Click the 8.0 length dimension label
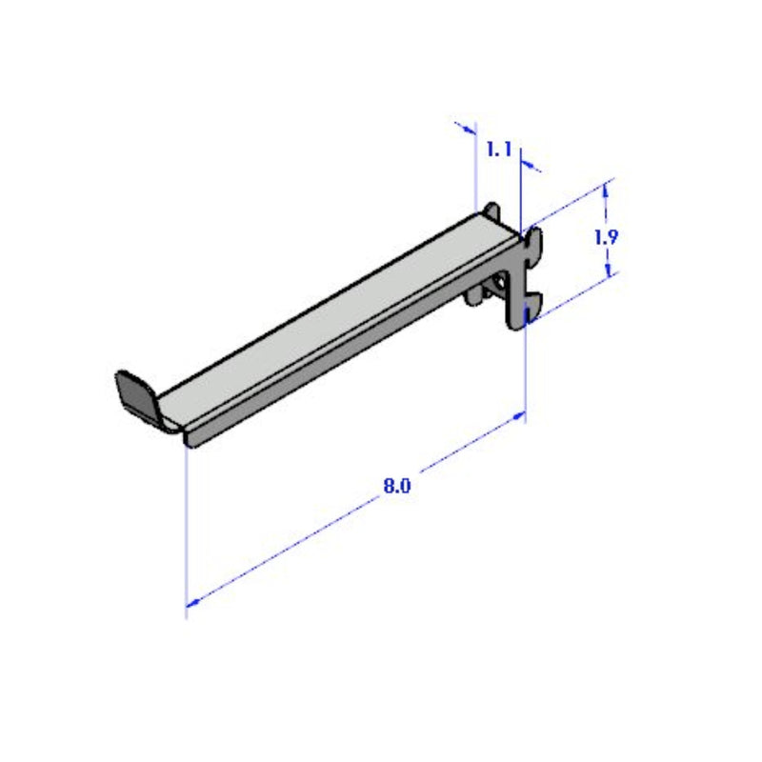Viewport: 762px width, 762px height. pos(396,487)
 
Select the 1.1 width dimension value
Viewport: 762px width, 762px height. pos(500,150)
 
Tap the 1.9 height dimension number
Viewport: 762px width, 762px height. pos(606,237)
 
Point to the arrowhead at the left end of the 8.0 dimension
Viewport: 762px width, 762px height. pos(191,601)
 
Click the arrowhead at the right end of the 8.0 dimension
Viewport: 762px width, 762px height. pos(520,414)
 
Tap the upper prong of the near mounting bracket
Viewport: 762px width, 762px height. pos(533,240)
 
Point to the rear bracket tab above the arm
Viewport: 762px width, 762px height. pos(491,211)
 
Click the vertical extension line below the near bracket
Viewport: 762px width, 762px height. pos(526,371)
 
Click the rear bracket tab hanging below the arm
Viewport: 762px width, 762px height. pos(474,299)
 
